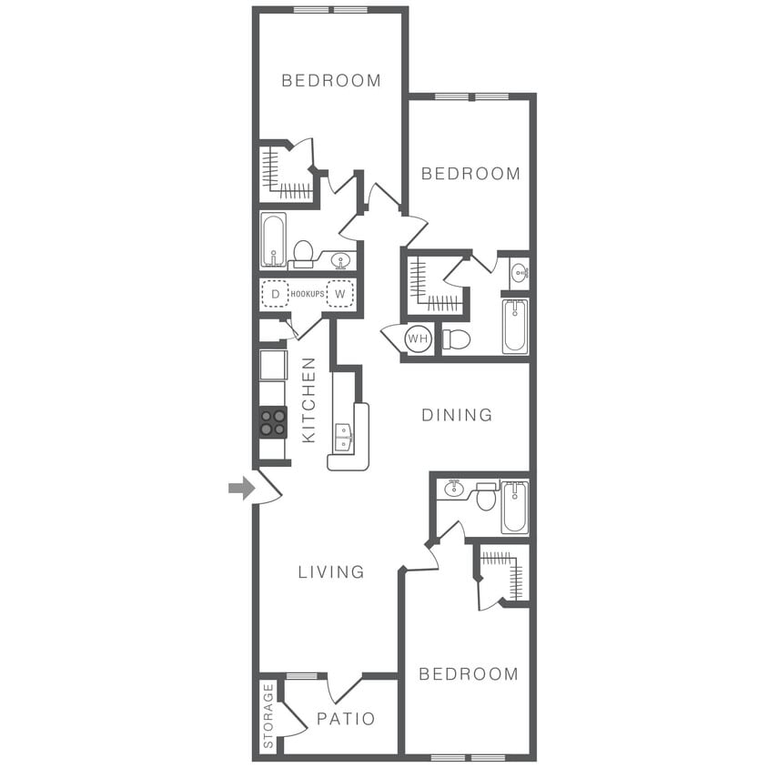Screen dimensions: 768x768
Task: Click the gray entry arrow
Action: pyautogui.click(x=241, y=489)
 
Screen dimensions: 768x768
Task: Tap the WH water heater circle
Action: pyautogui.click(x=418, y=339)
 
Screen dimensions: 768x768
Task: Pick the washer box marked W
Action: pyautogui.click(x=339, y=294)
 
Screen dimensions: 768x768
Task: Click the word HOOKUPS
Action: pyautogui.click(x=307, y=294)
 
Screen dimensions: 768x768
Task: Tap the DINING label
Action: pyautogui.click(x=457, y=415)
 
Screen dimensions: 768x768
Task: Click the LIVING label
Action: pyautogui.click(x=331, y=571)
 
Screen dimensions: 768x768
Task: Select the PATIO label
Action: pyautogui.click(x=346, y=719)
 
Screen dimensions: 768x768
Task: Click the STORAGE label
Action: pyautogui.click(x=268, y=716)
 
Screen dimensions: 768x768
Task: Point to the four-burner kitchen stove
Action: pyautogui.click(x=273, y=422)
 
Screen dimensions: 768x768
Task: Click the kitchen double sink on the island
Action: pyautogui.click(x=343, y=437)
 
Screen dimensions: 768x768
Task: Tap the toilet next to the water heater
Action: pyautogui.click(x=456, y=339)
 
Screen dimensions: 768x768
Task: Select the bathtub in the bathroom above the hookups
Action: pyautogui.click(x=273, y=239)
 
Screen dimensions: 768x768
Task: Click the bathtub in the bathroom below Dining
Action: pyautogui.click(x=514, y=507)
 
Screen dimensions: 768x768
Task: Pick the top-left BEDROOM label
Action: pyautogui.click(x=331, y=80)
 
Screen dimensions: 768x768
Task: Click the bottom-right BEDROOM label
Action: pyautogui.click(x=468, y=673)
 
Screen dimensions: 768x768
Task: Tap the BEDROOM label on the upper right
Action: pyautogui.click(x=470, y=173)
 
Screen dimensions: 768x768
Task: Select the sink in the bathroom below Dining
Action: pyautogui.click(x=454, y=490)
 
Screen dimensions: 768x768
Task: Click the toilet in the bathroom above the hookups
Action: pyautogui.click(x=303, y=252)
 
